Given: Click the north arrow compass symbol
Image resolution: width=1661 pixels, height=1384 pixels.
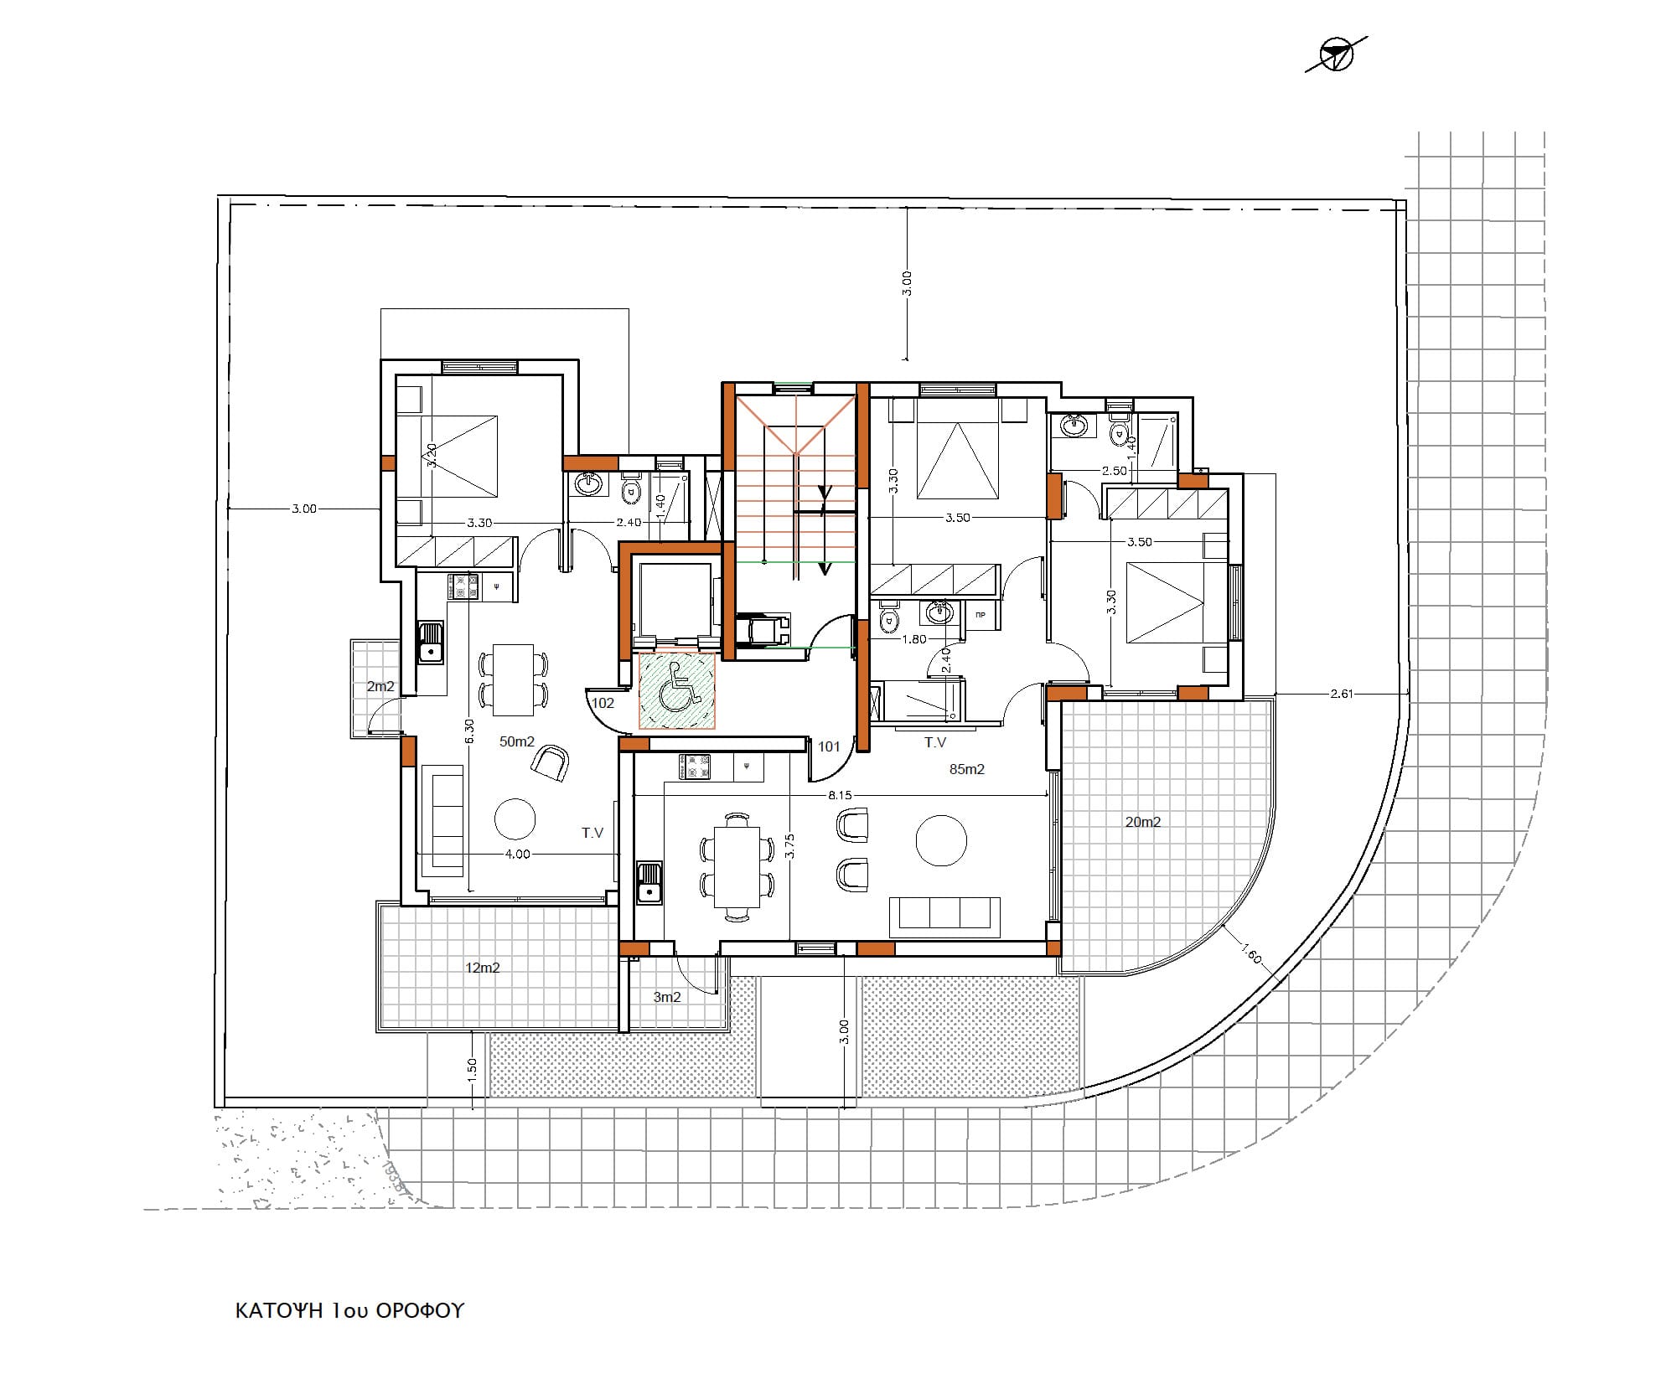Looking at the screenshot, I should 1336,55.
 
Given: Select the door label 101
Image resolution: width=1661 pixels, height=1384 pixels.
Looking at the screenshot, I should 829,746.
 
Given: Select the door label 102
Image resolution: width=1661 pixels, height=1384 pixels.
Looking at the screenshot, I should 603,703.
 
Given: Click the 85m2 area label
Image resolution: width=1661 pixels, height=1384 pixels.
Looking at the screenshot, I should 966,769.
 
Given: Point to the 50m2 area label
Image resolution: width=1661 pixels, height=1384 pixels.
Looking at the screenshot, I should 517,741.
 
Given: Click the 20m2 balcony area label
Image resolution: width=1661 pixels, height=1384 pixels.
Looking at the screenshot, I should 1142,822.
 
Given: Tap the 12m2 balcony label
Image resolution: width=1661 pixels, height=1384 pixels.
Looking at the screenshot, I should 483,968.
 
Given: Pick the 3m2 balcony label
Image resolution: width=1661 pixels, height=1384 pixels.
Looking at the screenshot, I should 667,997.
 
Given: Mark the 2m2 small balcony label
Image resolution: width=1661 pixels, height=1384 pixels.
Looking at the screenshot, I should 380,687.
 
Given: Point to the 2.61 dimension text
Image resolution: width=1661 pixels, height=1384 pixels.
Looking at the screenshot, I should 1342,694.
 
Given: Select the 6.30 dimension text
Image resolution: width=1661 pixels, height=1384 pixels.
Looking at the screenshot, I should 469,731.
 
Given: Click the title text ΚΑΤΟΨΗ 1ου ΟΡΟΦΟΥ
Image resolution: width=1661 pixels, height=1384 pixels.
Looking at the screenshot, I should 349,1311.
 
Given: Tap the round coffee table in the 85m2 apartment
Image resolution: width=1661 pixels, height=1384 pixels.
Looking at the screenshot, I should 941,839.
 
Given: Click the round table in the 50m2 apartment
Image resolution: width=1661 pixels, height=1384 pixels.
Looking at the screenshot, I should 515,819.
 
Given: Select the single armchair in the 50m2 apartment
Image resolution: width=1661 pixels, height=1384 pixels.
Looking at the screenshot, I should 551,762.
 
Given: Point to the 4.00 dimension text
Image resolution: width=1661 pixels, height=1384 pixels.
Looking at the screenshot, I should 517,855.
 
